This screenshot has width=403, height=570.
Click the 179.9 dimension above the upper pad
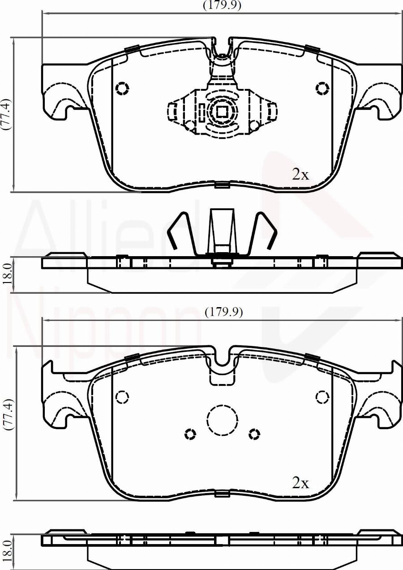coord(222,5)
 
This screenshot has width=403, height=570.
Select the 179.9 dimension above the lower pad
coord(223,312)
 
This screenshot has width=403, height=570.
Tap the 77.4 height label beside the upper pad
coord(6,114)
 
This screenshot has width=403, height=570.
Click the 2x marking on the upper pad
coord(300,174)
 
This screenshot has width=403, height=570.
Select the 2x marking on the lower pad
coord(300,482)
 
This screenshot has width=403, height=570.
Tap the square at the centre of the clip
coord(222,111)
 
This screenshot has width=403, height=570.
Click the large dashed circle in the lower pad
coord(222,420)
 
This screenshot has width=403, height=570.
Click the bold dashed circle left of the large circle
coord(191,434)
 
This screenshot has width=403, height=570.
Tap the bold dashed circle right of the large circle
coord(254,434)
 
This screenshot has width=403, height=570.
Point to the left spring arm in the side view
coord(179,230)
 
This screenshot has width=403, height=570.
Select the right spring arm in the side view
coord(266,230)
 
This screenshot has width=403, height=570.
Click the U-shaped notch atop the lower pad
coord(222,358)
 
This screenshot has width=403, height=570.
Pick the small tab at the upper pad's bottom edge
coord(222,185)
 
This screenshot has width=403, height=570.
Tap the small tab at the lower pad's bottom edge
coord(222,494)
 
